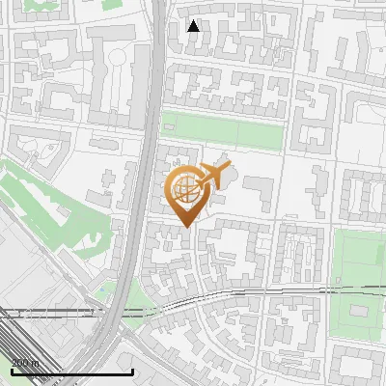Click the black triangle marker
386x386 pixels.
(194, 25)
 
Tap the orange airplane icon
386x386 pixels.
(213, 177)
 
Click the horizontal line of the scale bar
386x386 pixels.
(71, 372)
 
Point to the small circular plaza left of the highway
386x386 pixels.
(119, 58)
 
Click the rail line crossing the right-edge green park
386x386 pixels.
(357, 289)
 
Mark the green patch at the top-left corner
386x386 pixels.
(39, 4)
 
